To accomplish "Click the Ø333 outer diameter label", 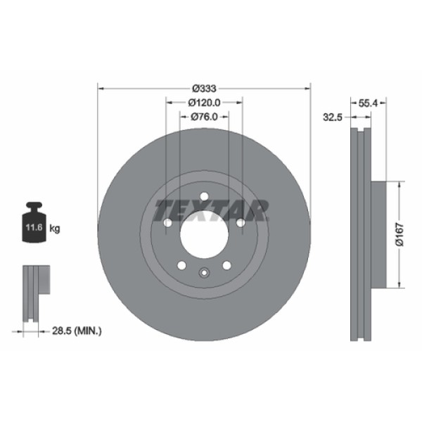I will [204, 89].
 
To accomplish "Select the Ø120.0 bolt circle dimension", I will [205, 103].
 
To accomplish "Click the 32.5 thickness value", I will [331, 117].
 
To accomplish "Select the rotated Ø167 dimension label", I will [398, 234].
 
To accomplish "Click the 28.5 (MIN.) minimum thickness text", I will [77, 330].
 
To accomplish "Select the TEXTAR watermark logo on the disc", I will [212, 209].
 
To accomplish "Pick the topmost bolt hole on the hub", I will [203, 197].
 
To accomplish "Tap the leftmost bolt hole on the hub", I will [167, 223].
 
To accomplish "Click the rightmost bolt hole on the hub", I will [240, 223].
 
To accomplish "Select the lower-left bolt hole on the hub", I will [181, 265].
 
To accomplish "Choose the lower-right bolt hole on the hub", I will [226, 265].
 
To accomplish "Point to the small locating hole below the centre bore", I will [203, 273].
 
